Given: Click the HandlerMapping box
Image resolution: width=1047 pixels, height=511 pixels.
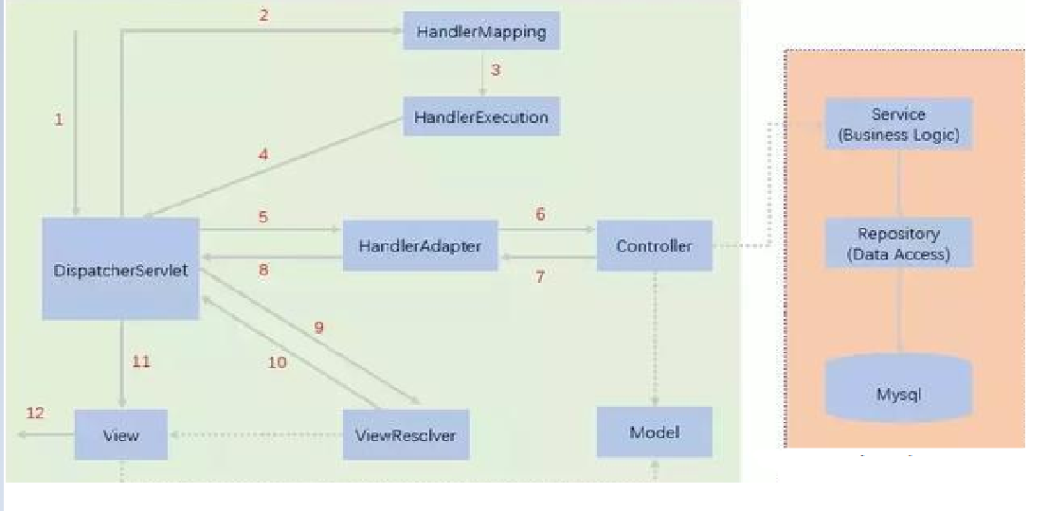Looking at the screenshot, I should [x=481, y=31].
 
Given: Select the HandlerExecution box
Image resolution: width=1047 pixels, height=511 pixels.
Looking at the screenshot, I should [x=481, y=117].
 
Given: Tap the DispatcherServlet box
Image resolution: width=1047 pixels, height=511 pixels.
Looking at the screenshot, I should [x=120, y=270].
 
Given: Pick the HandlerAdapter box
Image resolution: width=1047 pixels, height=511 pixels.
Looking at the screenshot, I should [x=420, y=246].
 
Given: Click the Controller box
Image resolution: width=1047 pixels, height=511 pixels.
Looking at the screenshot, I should [x=654, y=246].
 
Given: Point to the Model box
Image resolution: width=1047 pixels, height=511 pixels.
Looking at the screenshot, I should [x=654, y=432].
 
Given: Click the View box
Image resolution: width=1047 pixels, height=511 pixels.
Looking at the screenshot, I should [x=120, y=435].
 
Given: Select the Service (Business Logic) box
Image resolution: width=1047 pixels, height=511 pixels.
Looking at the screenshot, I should [x=898, y=124].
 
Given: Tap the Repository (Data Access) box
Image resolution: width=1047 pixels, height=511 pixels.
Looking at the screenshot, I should [x=898, y=243].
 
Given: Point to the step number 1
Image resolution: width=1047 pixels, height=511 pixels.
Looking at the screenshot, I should [x=59, y=120].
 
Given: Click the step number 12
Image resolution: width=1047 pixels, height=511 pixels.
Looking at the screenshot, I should [x=35, y=414].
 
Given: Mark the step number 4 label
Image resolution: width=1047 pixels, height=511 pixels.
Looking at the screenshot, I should [x=263, y=155].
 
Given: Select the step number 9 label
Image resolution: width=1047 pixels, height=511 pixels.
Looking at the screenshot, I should [x=319, y=327].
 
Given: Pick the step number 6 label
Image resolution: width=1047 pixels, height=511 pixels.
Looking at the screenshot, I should [x=540, y=215].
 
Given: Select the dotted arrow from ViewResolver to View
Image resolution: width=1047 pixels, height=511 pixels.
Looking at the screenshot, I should [x=256, y=435].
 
